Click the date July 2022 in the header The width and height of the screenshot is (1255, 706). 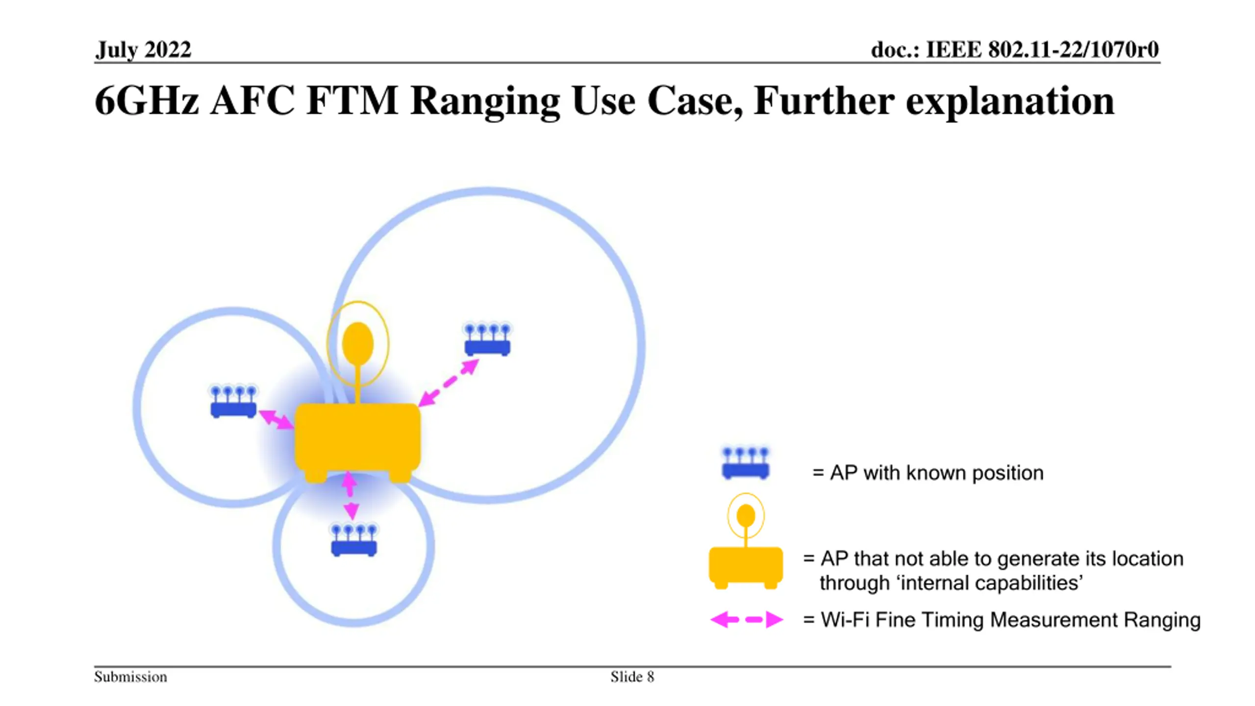coord(143,50)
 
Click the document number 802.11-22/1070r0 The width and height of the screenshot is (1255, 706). coord(1073,50)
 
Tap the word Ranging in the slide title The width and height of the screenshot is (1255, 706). coord(485,101)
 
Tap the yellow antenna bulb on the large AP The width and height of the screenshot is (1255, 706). coord(358,344)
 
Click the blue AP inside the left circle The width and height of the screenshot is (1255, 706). coord(233,402)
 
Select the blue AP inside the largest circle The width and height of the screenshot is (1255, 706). coord(487,339)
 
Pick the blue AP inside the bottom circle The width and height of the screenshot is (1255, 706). coord(354,540)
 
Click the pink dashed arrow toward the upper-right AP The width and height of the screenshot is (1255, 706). coord(449,383)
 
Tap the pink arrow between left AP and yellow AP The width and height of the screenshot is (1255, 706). coord(276,420)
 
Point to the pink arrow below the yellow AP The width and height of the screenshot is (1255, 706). coord(350,495)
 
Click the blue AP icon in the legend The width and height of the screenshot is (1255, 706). coord(746,463)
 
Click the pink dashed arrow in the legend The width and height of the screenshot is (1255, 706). coord(747,620)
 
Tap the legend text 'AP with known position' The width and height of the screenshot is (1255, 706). coord(936,473)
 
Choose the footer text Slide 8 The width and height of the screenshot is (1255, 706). coord(632,677)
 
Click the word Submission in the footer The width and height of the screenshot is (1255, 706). coord(130,677)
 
